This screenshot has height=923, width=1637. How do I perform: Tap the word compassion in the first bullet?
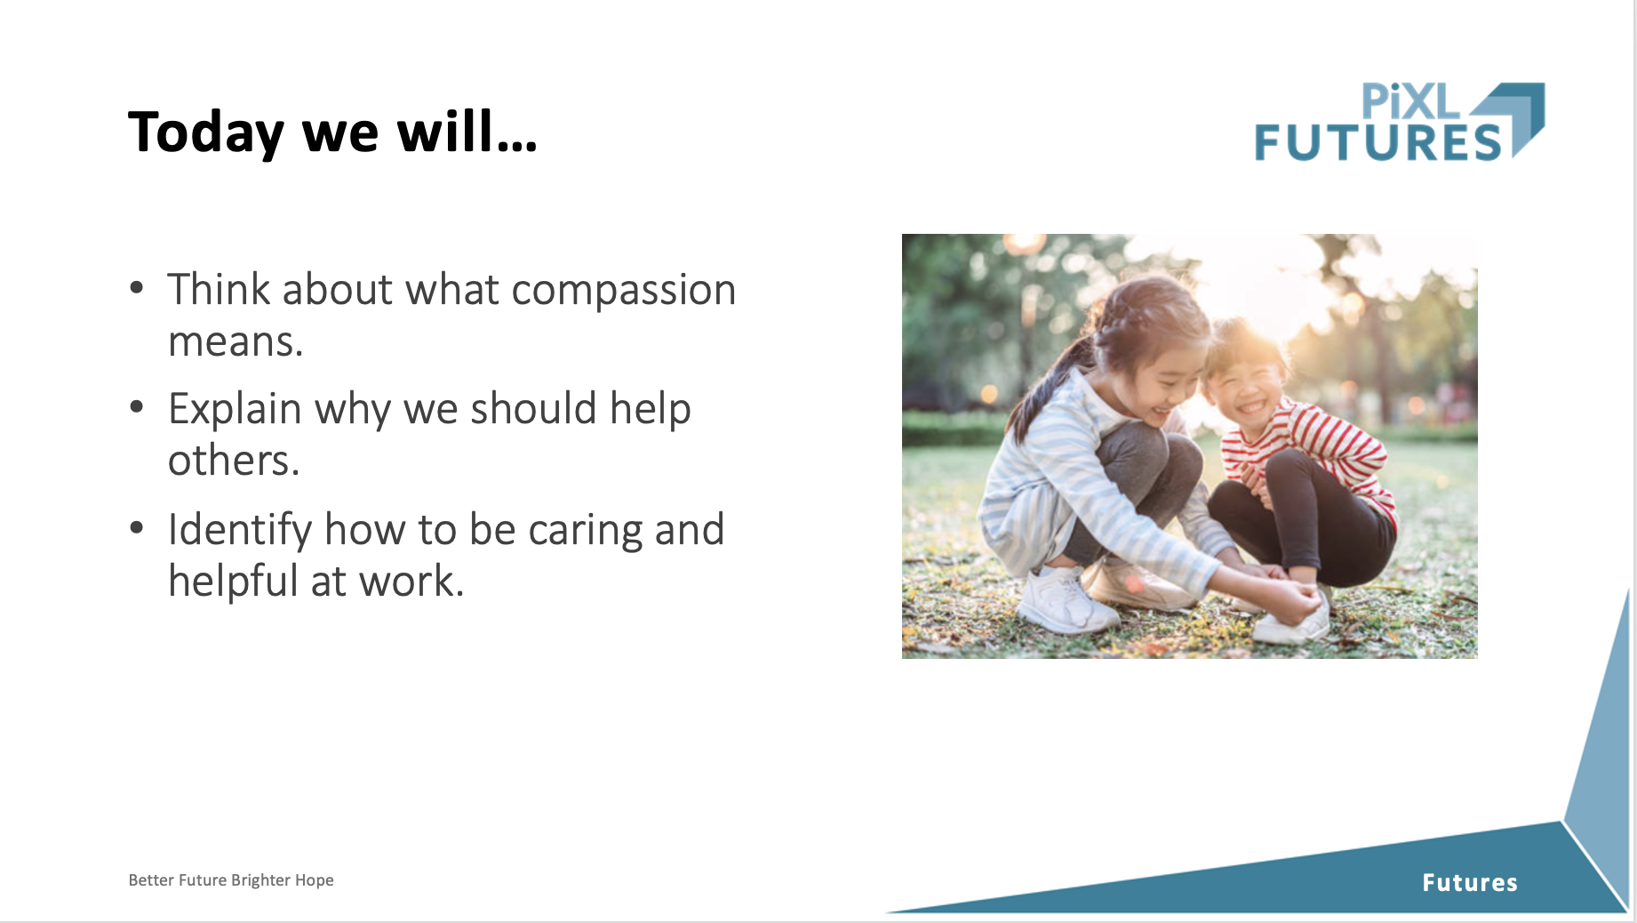click(x=624, y=290)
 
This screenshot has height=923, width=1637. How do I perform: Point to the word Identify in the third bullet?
click(x=240, y=531)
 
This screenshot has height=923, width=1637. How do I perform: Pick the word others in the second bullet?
click(x=234, y=461)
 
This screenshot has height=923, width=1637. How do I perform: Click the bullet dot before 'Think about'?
click(x=137, y=287)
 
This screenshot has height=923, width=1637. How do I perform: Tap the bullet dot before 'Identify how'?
click(x=137, y=527)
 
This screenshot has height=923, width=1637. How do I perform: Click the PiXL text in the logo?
click(x=1410, y=101)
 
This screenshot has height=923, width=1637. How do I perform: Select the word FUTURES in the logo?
click(x=1378, y=142)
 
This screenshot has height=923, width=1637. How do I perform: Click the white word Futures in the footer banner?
click(x=1470, y=883)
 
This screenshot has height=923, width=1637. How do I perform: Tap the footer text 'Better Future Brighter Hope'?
click(x=231, y=880)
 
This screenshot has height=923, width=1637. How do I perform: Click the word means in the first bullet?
click(x=236, y=342)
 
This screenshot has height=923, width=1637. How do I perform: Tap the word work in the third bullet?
click(x=411, y=582)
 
